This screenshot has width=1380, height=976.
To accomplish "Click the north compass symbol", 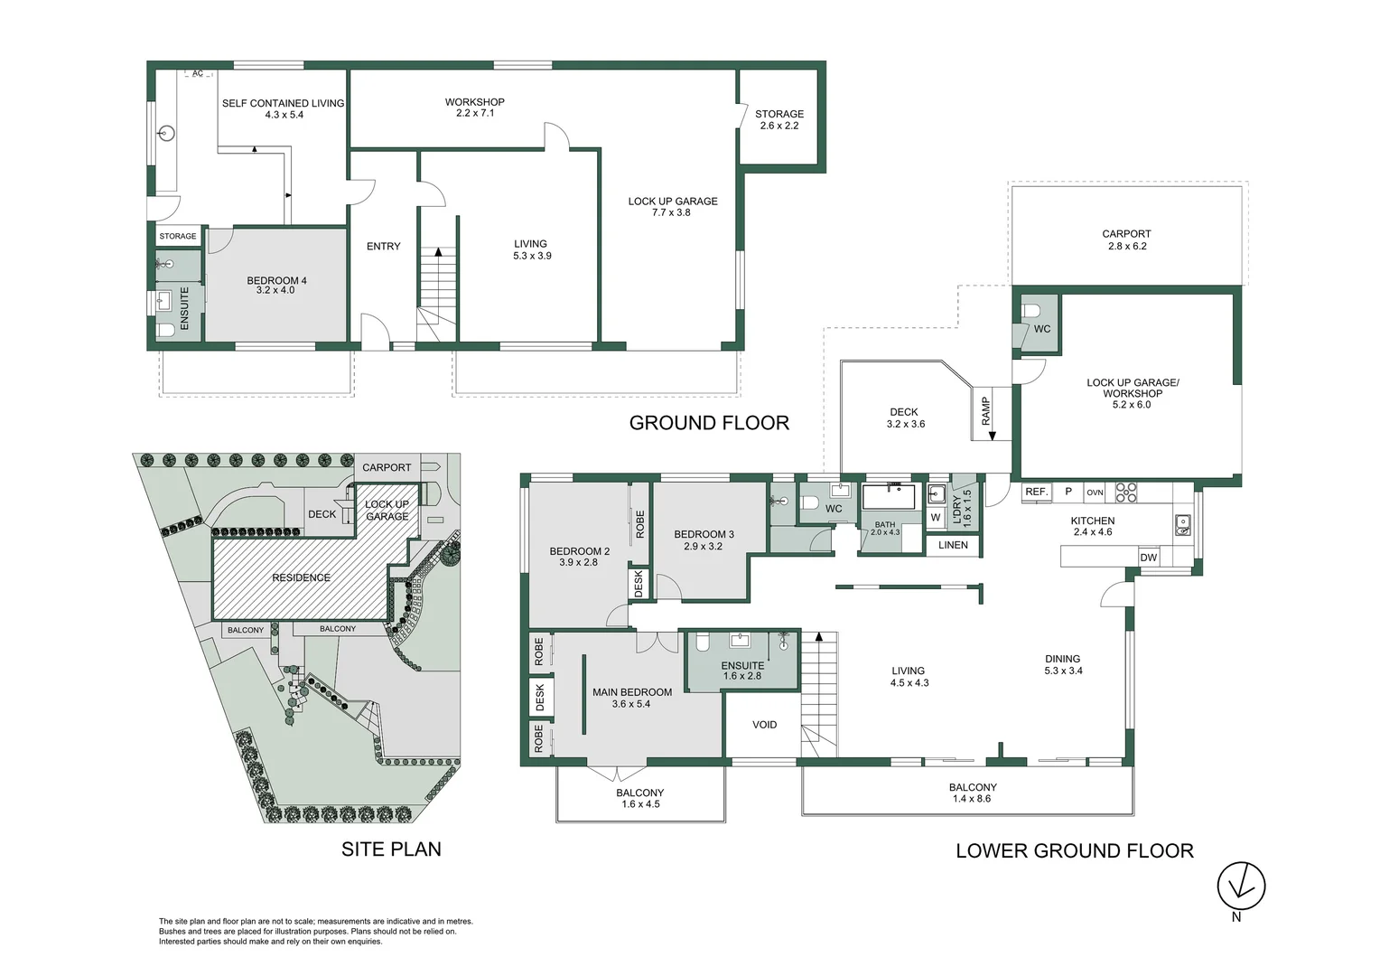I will click(x=1241, y=885).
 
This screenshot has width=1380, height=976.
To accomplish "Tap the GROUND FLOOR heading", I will click(x=709, y=423).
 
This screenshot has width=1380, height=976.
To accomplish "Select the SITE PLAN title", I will click(x=391, y=849).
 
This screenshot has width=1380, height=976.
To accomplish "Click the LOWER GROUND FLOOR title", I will click(x=1074, y=850).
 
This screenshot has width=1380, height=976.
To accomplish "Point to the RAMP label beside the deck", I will click(x=986, y=412).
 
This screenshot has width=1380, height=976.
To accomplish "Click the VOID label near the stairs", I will click(x=764, y=725).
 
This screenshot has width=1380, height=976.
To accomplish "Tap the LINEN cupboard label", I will click(x=953, y=545).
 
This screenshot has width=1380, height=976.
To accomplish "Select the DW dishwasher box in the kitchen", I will click(x=1148, y=558).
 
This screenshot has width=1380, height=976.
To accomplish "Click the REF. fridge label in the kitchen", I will click(x=1036, y=493).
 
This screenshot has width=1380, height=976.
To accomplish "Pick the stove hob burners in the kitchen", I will click(x=1125, y=493).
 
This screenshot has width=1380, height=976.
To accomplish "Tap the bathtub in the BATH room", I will click(x=889, y=498).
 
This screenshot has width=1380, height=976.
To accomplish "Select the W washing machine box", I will click(x=936, y=518).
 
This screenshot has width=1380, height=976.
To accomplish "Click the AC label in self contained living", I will click(x=198, y=74).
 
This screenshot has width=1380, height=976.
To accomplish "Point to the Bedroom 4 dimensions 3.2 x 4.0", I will click(x=276, y=291).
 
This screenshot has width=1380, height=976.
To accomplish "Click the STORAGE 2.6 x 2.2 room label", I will click(x=779, y=119).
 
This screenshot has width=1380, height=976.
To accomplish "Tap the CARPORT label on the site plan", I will click(x=387, y=467).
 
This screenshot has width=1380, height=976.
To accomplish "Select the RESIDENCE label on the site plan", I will click(x=301, y=577).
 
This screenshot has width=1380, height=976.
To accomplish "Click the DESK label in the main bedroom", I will click(x=540, y=697).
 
